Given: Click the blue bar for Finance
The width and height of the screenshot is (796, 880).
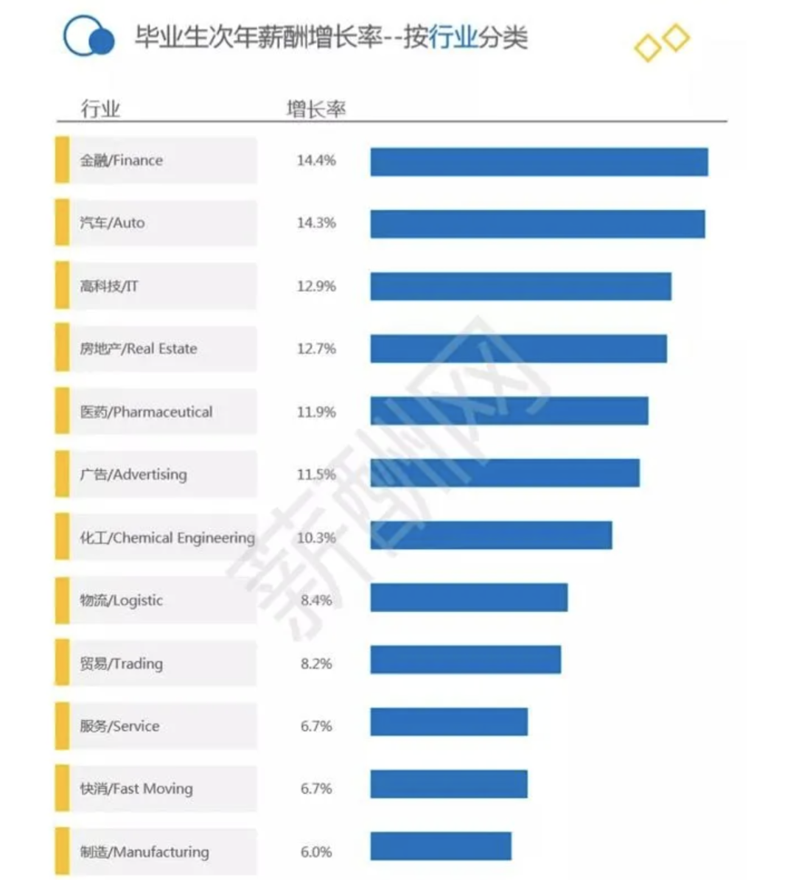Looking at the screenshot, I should (x=539, y=162).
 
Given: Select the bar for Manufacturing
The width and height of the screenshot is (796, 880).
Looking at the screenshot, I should (x=441, y=846).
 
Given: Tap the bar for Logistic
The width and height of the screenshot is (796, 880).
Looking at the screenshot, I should (x=469, y=598).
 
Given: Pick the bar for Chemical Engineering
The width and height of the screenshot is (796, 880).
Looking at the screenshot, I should (x=491, y=535).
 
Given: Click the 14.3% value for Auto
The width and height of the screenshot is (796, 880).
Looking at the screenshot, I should (x=316, y=223).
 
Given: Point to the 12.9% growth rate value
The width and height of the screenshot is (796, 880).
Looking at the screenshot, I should (x=316, y=286).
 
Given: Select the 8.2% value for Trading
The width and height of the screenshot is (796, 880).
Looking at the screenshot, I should (x=316, y=663).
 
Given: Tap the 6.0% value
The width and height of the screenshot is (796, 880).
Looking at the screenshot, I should (x=316, y=852).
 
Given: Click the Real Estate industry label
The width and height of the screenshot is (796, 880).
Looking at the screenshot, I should (x=139, y=349).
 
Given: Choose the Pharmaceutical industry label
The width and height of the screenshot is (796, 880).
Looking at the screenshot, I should (x=146, y=411).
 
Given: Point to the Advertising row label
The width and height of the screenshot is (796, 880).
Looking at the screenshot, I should (x=133, y=475).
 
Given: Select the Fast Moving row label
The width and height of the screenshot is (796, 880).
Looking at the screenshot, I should (x=136, y=789).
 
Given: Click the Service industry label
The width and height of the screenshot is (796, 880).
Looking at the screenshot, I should (x=119, y=726).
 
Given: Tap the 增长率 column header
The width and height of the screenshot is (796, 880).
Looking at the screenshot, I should (x=315, y=109).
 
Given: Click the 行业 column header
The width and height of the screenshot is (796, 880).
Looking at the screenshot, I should (x=100, y=109).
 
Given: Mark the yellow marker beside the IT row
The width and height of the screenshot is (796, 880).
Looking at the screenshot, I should (x=63, y=286).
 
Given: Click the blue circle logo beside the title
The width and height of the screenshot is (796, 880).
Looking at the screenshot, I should (x=88, y=37).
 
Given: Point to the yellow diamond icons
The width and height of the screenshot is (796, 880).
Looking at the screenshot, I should (x=662, y=43).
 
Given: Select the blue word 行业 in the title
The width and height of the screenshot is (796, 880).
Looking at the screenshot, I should (x=453, y=37).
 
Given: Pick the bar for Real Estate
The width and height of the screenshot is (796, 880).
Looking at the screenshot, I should (x=518, y=349).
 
